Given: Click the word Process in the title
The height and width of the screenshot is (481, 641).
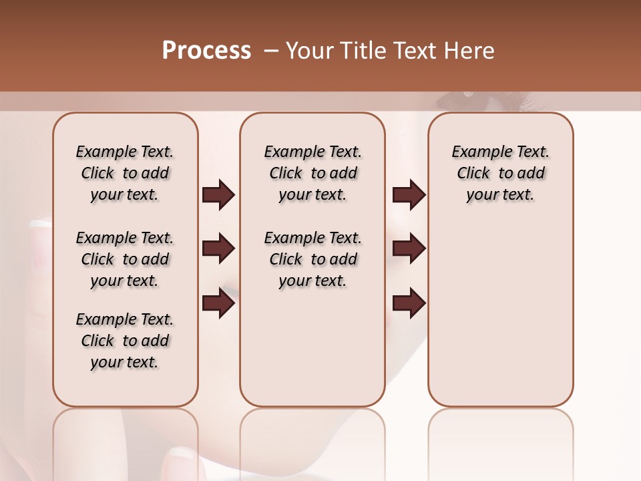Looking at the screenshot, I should point(206,51).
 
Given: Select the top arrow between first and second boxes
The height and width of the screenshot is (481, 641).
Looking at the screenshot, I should point(218,195).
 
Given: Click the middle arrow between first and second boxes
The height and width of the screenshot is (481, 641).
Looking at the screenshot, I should point(218,249).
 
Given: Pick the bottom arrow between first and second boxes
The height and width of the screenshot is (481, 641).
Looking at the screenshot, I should point(218,303).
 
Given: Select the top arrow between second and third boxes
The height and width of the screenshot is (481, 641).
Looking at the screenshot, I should point(409,195).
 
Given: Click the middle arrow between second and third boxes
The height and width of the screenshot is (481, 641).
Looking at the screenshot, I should point(409,249).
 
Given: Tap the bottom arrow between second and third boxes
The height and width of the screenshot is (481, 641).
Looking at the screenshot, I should point(409,303).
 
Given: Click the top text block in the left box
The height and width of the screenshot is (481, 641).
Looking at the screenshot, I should point(125,173).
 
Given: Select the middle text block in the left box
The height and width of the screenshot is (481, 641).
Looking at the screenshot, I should point(125,259).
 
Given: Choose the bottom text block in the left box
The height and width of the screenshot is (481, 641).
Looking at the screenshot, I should point(125,341).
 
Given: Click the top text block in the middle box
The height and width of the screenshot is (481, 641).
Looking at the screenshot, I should point(312,173).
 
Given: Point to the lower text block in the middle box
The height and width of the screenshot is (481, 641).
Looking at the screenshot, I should point(312,259).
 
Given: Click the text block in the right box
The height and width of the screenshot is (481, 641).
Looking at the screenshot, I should point(500,173).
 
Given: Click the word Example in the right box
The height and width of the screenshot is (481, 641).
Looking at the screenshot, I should point(477,152).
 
